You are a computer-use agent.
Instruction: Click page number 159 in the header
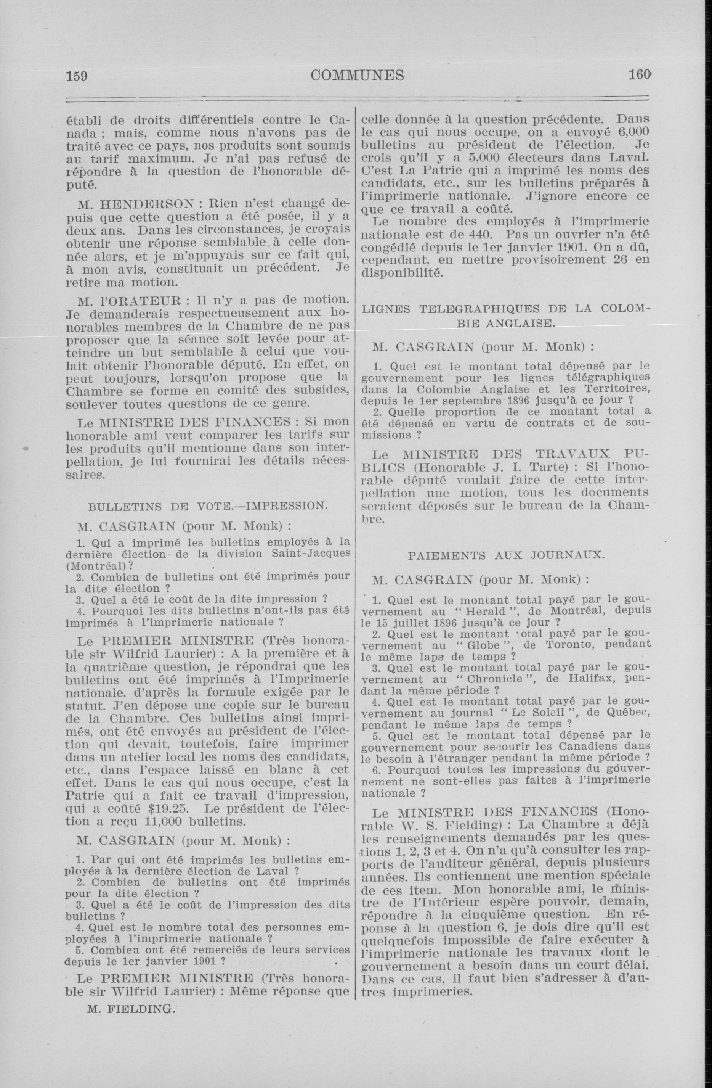77,75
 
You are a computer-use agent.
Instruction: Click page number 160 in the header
638,74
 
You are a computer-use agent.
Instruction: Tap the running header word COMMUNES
357,75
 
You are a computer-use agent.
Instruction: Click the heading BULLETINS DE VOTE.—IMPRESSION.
207,506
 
